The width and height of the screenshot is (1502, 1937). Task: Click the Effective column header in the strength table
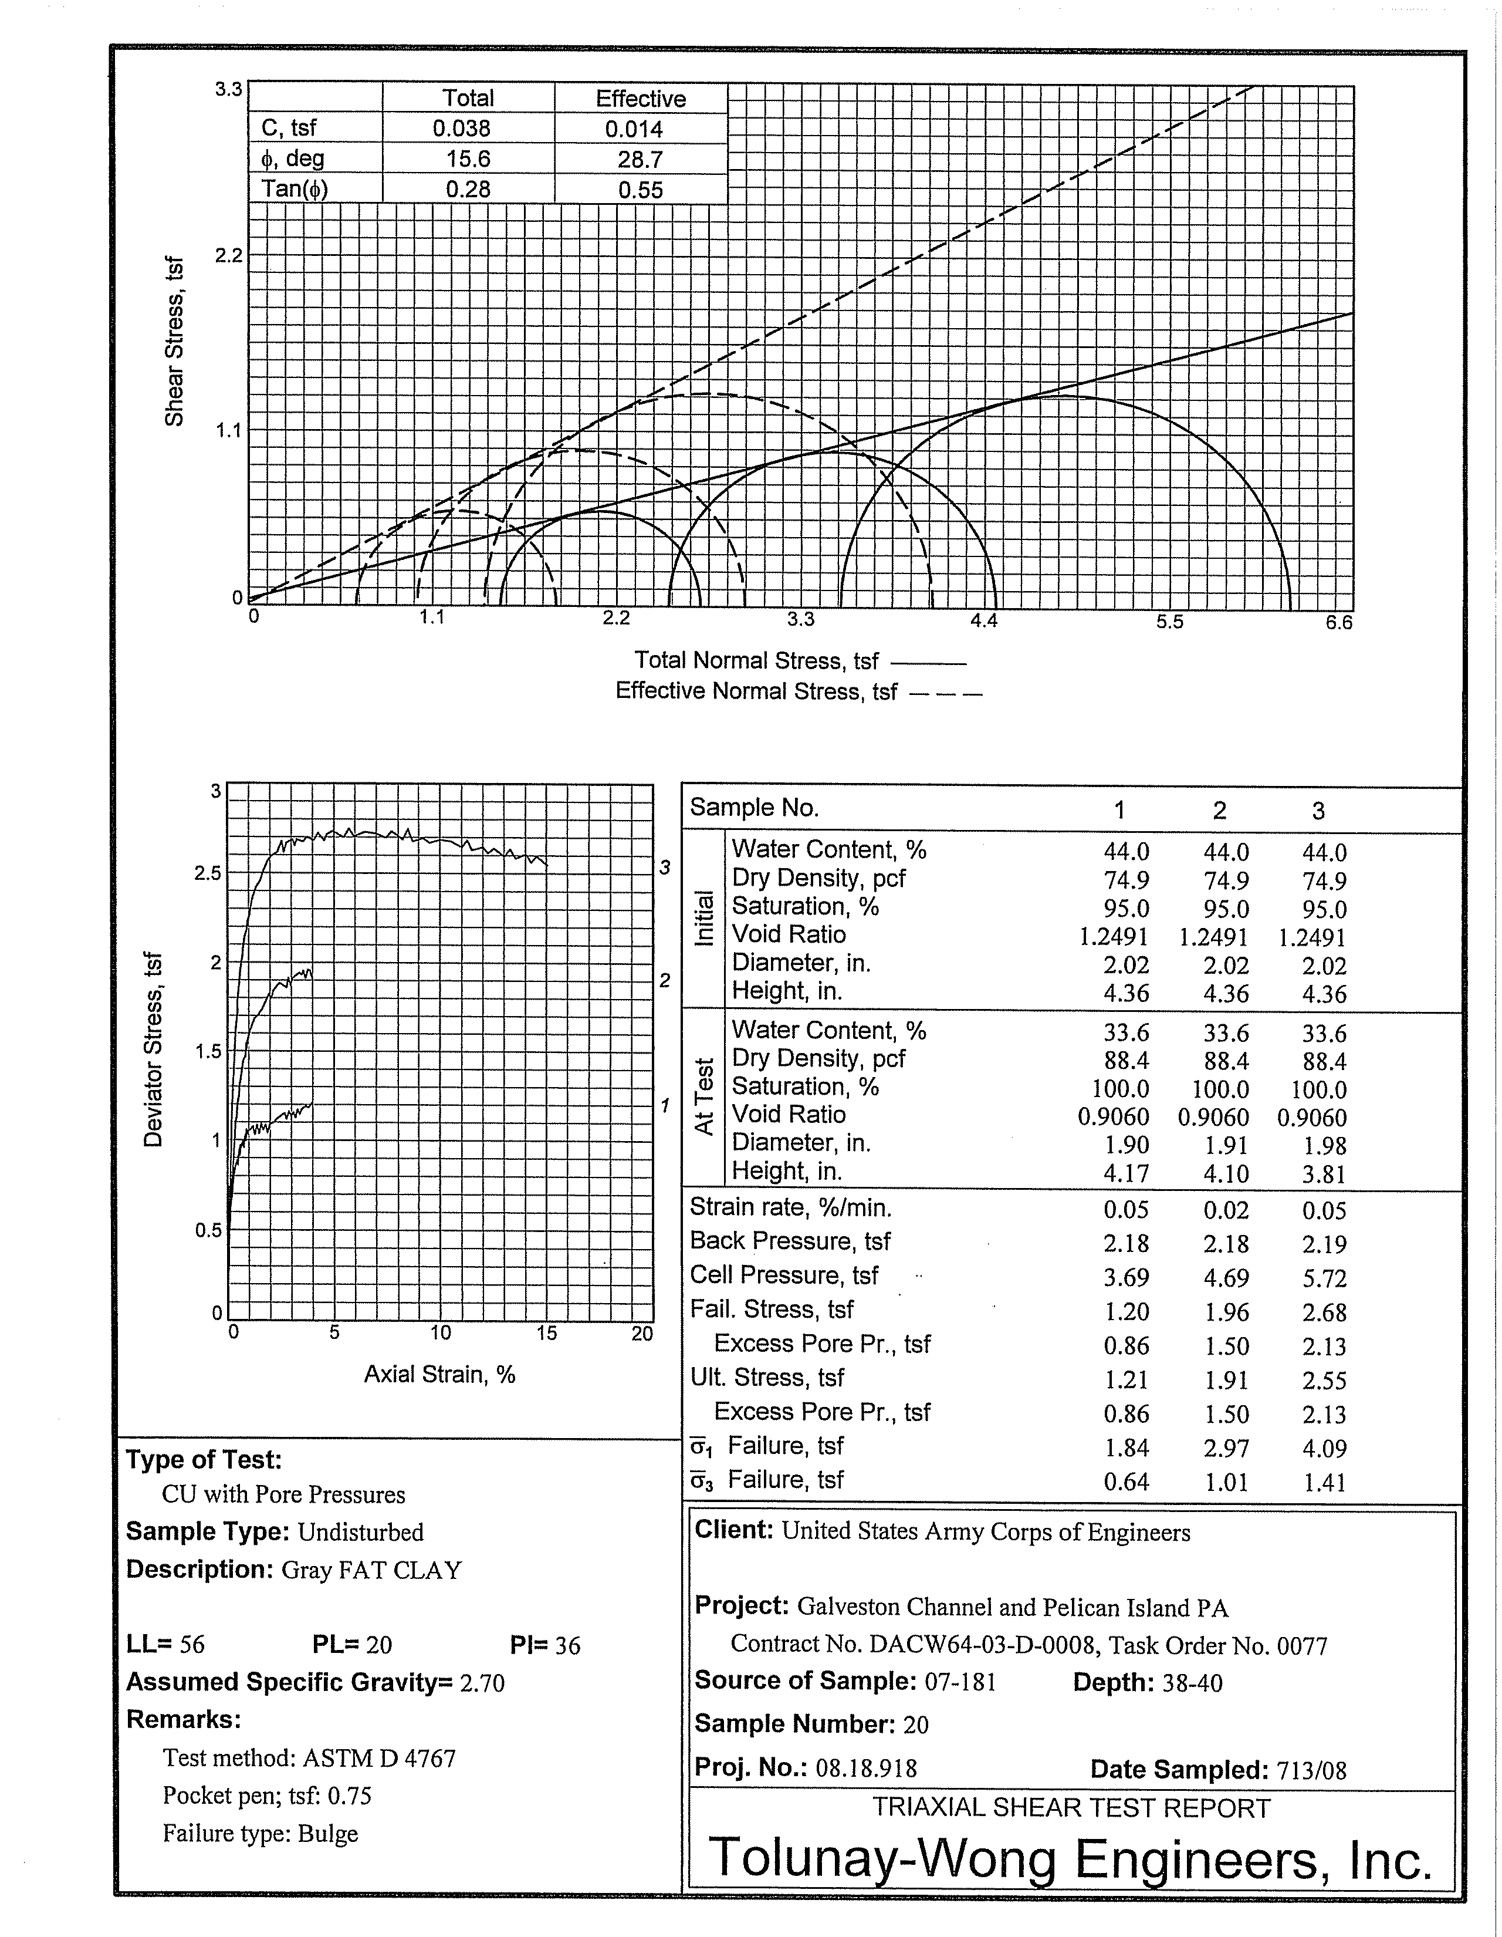(640, 99)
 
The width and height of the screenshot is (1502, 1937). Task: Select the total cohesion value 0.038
(461, 129)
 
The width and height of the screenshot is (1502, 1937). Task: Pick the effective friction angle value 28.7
(640, 160)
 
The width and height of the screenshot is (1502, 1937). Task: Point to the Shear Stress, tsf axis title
(175, 342)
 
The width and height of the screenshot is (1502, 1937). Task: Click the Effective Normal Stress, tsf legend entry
(756, 691)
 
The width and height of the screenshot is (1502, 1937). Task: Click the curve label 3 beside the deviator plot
(665, 868)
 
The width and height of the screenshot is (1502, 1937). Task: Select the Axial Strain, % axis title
(440, 1375)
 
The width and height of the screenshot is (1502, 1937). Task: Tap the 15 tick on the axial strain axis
(546, 1333)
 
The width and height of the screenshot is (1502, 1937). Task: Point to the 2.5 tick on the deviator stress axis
(208, 873)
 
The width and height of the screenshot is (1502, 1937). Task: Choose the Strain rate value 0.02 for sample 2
(1226, 1210)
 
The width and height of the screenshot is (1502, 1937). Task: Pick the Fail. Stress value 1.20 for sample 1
(1126, 1312)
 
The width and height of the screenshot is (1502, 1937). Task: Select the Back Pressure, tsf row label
(790, 1241)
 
